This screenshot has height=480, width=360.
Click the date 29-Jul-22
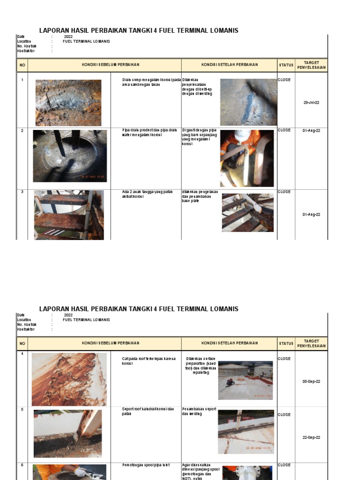(x=311, y=102)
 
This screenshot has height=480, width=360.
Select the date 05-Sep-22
(x=311, y=382)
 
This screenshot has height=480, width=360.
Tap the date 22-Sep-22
(x=311, y=437)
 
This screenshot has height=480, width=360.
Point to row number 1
(x=22, y=80)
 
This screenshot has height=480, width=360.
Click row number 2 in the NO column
(x=22, y=130)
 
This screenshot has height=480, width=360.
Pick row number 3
(x=22, y=192)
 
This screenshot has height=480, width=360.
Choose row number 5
(x=22, y=409)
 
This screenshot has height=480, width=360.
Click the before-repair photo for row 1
(x=68, y=103)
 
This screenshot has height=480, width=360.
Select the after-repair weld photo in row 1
(x=248, y=102)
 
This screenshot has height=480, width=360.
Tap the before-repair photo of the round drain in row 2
(x=70, y=156)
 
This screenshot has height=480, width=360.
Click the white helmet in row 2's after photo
(x=242, y=135)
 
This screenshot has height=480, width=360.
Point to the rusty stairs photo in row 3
(x=69, y=215)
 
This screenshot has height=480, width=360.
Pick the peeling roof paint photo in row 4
(x=69, y=379)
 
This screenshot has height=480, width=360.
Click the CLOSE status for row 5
(x=284, y=415)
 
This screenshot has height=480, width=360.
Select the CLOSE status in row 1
(x=284, y=80)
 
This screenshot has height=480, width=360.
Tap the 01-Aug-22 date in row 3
(x=311, y=215)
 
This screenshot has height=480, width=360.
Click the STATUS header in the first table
(x=286, y=65)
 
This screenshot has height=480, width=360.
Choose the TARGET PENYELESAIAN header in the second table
(x=311, y=344)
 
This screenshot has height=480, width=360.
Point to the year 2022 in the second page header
(x=68, y=315)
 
